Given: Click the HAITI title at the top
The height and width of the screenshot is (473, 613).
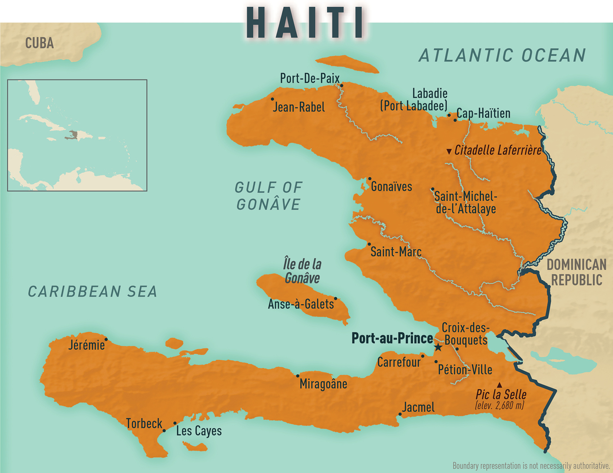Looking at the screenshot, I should coord(306,23).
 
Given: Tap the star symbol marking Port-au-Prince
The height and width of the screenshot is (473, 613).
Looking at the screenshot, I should coord(438,347).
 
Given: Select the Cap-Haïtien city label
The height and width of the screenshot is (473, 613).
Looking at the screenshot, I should coord(483,113).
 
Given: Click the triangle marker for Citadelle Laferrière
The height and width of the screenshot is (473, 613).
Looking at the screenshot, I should coord(449,151).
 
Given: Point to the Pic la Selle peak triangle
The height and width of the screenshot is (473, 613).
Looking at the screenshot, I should coord(499,385).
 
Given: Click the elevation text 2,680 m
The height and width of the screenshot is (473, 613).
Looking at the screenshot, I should coord(500,406).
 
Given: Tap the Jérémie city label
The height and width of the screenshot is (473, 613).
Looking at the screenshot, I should coord(86,345).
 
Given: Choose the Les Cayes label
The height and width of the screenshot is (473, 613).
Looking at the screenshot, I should coord(199,431).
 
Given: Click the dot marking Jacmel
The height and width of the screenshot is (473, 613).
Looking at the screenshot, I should coord(400,414).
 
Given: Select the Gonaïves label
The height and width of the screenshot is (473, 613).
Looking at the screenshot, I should coord(391,187).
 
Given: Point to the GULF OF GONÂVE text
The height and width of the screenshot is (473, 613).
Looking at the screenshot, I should coord(268,196).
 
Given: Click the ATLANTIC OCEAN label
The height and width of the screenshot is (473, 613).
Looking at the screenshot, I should coord(502,55).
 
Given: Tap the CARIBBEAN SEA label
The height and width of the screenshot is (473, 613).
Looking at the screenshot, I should coord(92,291).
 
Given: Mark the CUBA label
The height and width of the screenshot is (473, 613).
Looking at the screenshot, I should coord(39,43).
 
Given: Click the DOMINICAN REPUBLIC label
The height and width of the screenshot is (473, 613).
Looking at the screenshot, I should coord(577,272).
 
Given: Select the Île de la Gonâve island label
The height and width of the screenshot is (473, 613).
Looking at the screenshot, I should coord(302,271).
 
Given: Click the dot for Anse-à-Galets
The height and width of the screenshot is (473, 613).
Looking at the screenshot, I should coord(336,298).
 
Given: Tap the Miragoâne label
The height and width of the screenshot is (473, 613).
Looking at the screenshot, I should coord(323,384).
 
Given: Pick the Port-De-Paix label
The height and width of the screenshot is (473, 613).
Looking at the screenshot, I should coord(309,78).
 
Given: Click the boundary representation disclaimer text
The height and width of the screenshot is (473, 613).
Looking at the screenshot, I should coord(531,465).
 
